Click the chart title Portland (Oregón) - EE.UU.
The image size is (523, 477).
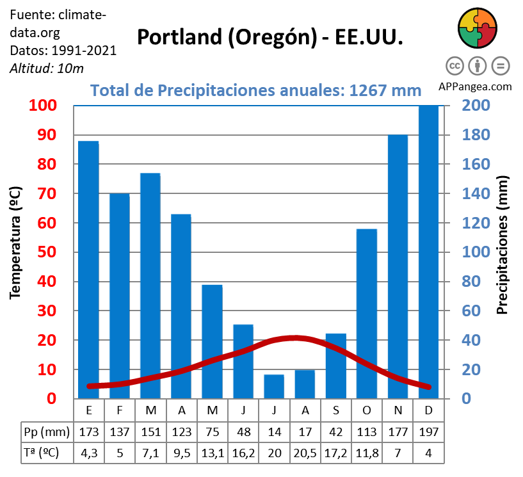tap(270, 36)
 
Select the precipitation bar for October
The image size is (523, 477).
tap(366, 314)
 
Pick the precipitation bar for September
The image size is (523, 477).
tap(335, 366)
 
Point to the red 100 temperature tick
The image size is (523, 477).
tap(43, 106)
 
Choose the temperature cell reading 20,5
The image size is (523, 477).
tap(305, 453)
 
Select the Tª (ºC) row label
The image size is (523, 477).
tap(40, 453)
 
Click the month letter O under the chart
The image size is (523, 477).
tap(366, 410)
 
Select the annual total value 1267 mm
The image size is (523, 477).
tap(384, 90)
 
